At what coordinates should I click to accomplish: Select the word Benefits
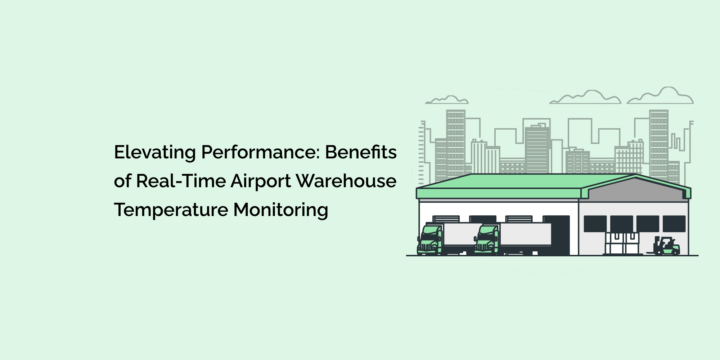(361, 152)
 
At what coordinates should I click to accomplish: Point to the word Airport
(261, 181)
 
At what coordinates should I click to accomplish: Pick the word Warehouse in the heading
(346, 181)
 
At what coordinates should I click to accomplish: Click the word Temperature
(171, 210)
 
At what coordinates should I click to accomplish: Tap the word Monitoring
(281, 210)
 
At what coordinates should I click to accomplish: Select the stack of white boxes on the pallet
(622, 243)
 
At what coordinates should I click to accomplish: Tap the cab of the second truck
(487, 239)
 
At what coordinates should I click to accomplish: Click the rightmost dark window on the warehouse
(674, 224)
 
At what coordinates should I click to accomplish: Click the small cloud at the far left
(447, 100)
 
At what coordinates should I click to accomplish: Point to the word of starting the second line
(122, 181)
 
